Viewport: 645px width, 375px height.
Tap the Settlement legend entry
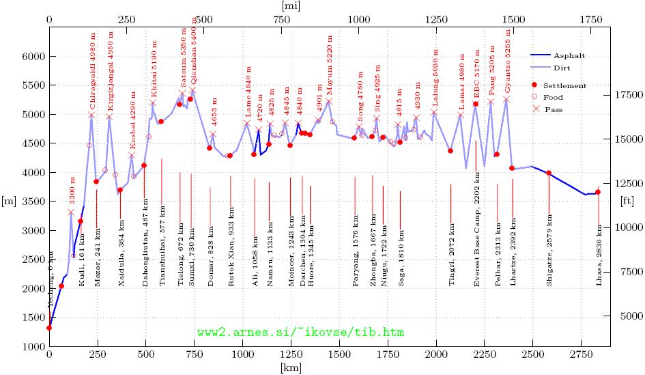click(564, 85)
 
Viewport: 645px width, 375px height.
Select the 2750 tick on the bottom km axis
click(582, 356)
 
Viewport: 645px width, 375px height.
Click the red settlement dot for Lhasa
click(598, 193)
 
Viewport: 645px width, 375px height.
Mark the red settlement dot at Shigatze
click(549, 173)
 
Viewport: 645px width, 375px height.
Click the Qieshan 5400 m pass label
click(195, 56)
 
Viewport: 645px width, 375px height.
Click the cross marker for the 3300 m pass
click(70, 212)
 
